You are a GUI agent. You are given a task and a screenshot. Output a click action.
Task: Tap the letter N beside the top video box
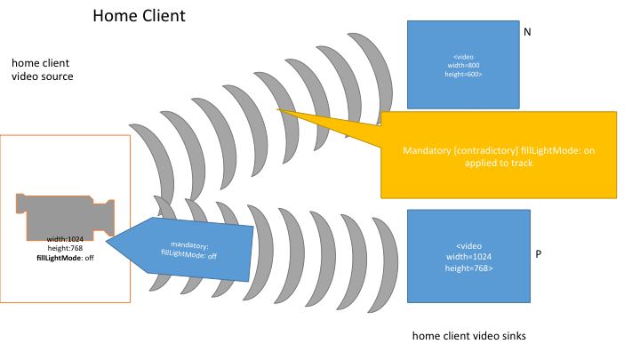(527, 32)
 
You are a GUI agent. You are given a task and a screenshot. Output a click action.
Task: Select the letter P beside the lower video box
(539, 254)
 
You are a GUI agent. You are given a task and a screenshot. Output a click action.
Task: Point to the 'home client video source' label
(43, 70)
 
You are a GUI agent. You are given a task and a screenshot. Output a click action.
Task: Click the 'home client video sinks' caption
(468, 336)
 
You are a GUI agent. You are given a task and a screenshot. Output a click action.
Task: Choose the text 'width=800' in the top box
(467, 65)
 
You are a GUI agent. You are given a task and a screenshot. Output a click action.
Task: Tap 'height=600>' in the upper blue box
(467, 74)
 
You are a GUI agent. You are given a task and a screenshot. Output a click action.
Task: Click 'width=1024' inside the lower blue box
(468, 257)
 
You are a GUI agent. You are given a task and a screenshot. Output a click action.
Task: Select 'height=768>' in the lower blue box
(468, 268)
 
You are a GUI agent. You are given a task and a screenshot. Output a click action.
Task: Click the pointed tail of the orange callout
(279, 111)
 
